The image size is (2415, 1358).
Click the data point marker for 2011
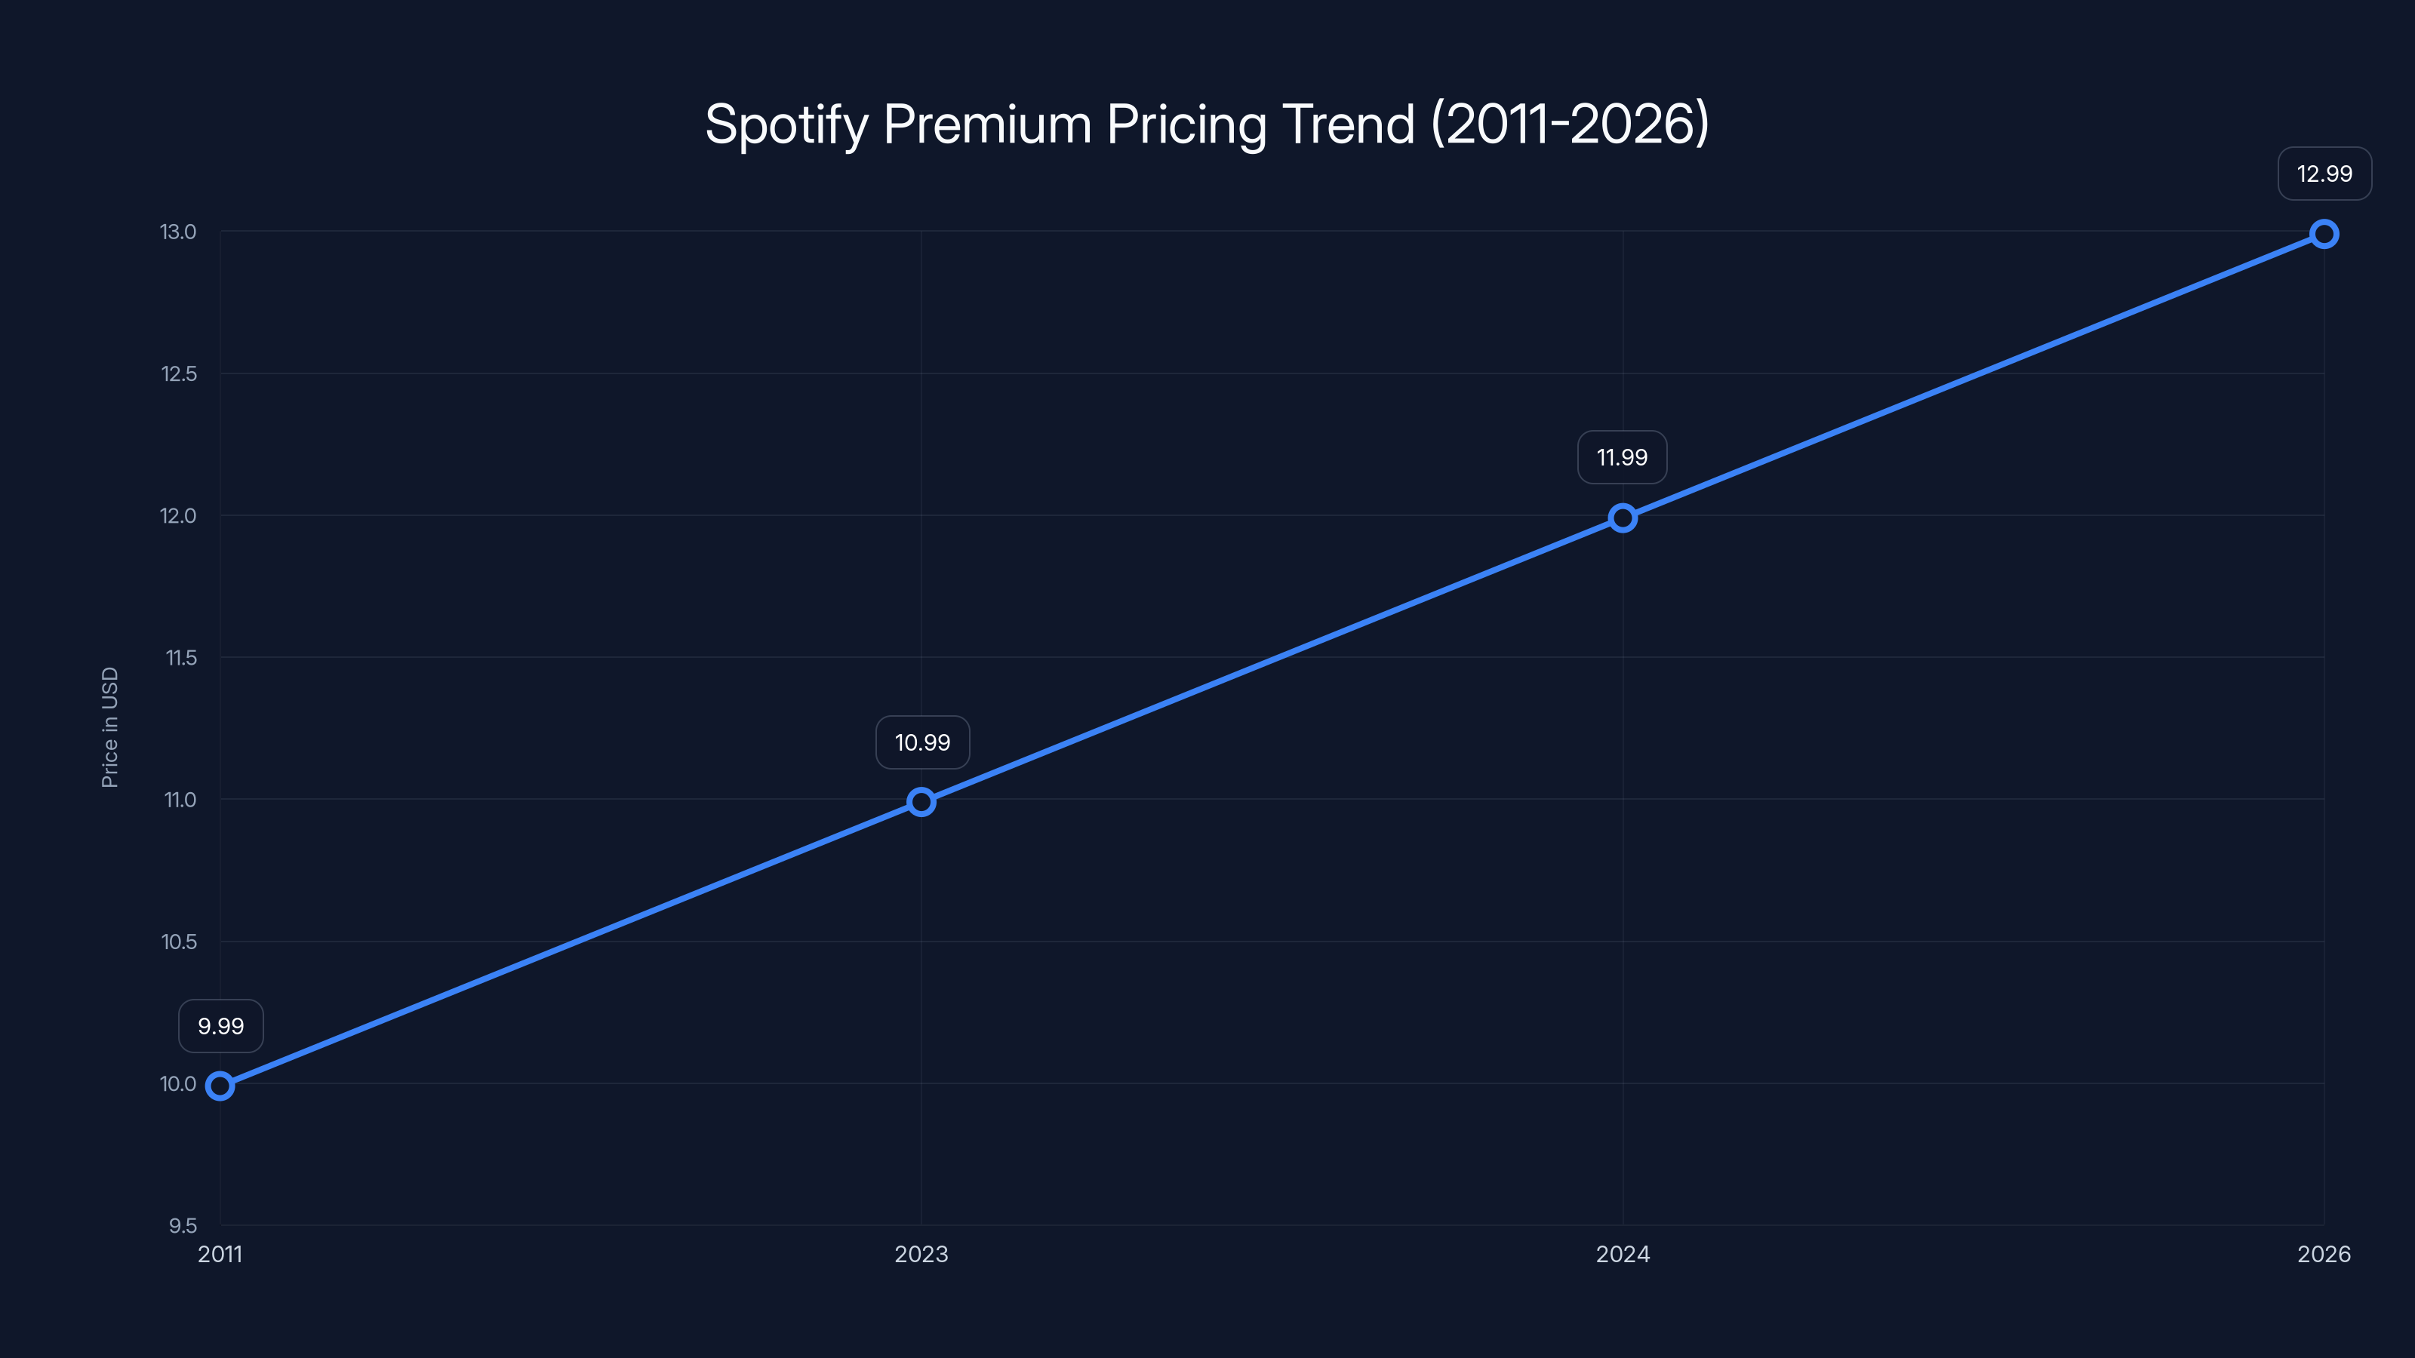[x=220, y=1086]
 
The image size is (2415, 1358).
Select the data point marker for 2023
[x=921, y=802]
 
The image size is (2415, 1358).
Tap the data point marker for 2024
[x=1623, y=518]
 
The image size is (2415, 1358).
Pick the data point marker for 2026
[x=2324, y=235]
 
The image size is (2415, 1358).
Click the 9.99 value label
[x=221, y=1026]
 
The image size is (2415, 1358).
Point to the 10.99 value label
[x=922, y=742]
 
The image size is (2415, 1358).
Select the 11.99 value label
[x=1622, y=457]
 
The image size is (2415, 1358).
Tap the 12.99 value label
[x=2324, y=174]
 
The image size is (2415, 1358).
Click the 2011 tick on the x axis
[x=220, y=1254]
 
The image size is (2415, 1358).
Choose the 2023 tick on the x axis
[x=921, y=1254]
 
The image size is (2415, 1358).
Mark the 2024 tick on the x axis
[x=1623, y=1254]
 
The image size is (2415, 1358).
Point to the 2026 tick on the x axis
[x=2324, y=1254]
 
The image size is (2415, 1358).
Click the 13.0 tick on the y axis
[x=178, y=232]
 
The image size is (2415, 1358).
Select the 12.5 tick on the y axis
[x=179, y=374]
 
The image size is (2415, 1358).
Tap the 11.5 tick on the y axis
[x=181, y=658]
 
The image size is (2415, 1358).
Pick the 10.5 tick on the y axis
[x=179, y=942]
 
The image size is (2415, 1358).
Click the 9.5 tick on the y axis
[x=183, y=1226]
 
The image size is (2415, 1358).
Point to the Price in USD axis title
[x=109, y=727]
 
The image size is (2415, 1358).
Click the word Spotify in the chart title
[x=786, y=124]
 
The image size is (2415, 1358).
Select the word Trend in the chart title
[x=1348, y=124]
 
